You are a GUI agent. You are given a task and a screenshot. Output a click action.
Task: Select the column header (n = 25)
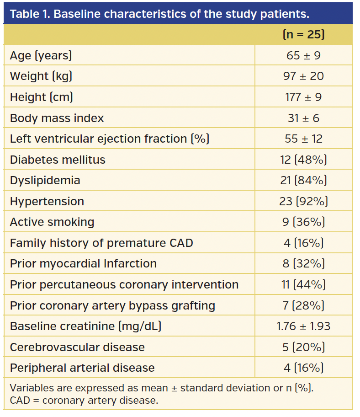click(x=303, y=35)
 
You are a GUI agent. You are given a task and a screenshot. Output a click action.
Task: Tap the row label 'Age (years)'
click(x=41, y=56)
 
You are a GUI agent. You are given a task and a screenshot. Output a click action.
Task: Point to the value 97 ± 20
click(x=303, y=76)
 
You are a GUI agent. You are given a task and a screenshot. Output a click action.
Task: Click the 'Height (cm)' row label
click(x=42, y=97)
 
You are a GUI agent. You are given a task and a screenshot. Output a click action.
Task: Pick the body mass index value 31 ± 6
click(x=303, y=118)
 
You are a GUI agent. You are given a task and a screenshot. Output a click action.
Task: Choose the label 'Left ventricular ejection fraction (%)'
click(x=110, y=139)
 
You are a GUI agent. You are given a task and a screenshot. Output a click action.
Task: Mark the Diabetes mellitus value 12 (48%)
click(x=303, y=160)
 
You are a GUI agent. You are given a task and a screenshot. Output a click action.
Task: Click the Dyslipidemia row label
click(x=45, y=180)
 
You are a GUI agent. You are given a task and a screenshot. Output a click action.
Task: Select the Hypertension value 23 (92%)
click(x=303, y=201)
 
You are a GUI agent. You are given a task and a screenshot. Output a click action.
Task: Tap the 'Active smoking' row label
click(x=52, y=222)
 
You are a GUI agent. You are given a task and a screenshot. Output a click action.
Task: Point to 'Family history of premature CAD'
click(x=101, y=243)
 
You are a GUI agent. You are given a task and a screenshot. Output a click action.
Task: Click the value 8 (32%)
click(x=303, y=264)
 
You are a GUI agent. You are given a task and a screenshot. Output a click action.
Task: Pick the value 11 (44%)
click(x=303, y=284)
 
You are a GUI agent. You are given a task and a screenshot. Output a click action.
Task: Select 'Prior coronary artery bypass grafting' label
click(x=112, y=305)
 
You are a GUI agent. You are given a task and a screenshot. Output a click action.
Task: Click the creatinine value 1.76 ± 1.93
click(x=303, y=326)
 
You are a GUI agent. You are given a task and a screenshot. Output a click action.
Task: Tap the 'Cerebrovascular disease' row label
click(x=77, y=347)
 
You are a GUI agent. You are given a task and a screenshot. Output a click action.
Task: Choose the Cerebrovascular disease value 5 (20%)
click(x=303, y=347)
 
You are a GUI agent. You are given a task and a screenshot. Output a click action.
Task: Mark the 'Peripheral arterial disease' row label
click(x=82, y=368)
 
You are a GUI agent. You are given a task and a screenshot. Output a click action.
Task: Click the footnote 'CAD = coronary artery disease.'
click(x=84, y=401)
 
